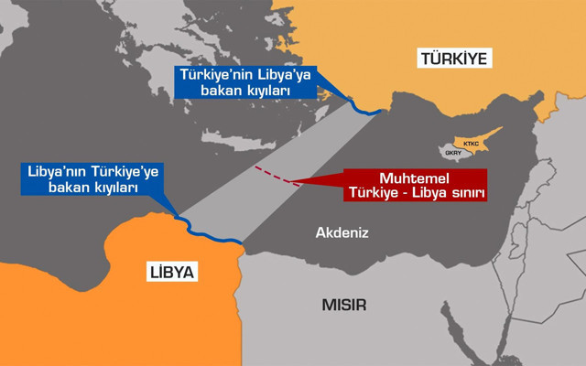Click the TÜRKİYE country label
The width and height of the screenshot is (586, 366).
(454, 59)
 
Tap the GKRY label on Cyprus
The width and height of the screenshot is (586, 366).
(453, 153)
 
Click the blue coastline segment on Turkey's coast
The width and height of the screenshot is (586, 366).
(366, 108)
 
